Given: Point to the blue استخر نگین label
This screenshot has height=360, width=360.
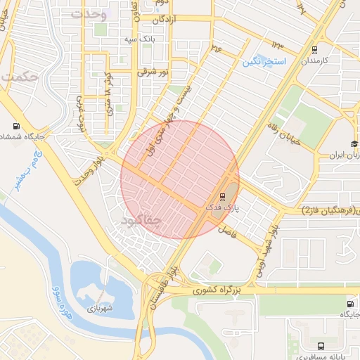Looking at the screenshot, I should [x=264, y=62].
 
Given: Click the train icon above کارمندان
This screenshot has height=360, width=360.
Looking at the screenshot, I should [x=314, y=50].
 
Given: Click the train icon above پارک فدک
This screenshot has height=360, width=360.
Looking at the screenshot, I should [x=223, y=197].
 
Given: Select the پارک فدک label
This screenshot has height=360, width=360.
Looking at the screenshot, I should [x=223, y=208].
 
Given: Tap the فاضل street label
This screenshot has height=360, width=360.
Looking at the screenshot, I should [x=226, y=231].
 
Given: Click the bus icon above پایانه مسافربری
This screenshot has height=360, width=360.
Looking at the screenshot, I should [x=321, y=346].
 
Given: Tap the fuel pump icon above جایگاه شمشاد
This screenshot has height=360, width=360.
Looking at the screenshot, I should [x=15, y=127].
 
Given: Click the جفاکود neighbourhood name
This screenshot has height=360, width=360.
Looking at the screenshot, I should [x=142, y=221].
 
